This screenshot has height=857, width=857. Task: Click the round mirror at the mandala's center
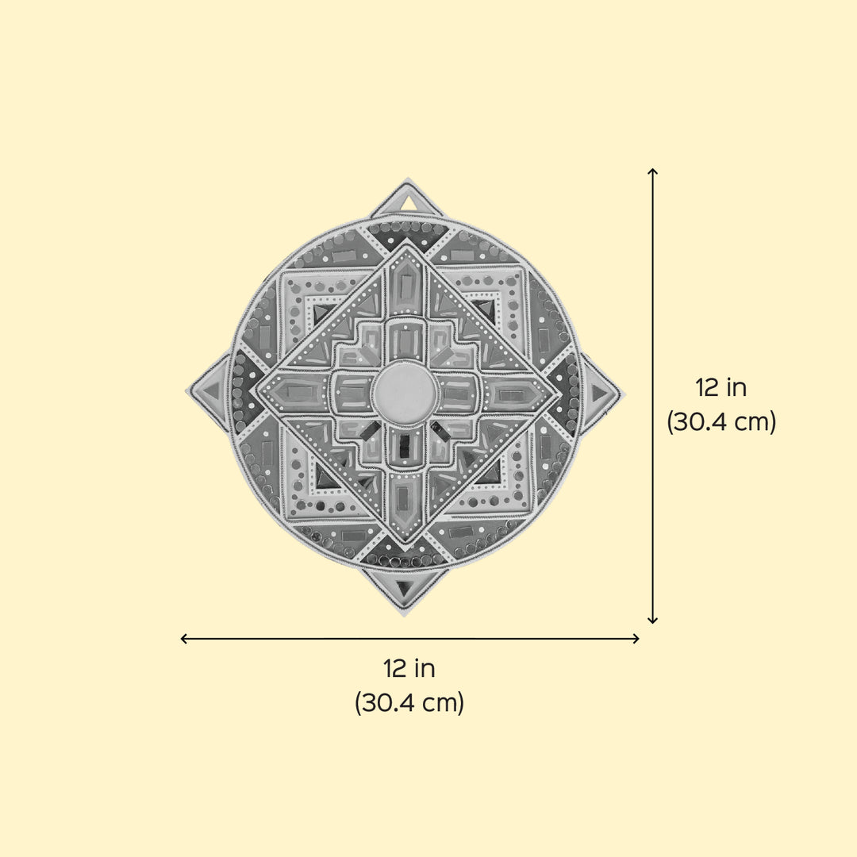tap(405, 393)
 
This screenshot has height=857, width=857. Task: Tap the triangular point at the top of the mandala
tap(407, 199)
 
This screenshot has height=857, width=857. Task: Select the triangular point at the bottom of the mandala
tap(405, 591)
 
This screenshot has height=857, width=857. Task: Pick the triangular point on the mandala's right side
tap(601, 392)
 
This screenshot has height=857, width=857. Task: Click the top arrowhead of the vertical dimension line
tap(652, 172)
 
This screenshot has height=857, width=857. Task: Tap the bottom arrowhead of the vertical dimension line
tap(652, 619)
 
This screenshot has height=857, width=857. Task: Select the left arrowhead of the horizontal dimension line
tap(185, 638)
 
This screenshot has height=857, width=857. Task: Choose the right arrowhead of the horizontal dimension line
tap(635, 638)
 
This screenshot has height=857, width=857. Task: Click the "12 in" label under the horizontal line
tap(409, 668)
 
